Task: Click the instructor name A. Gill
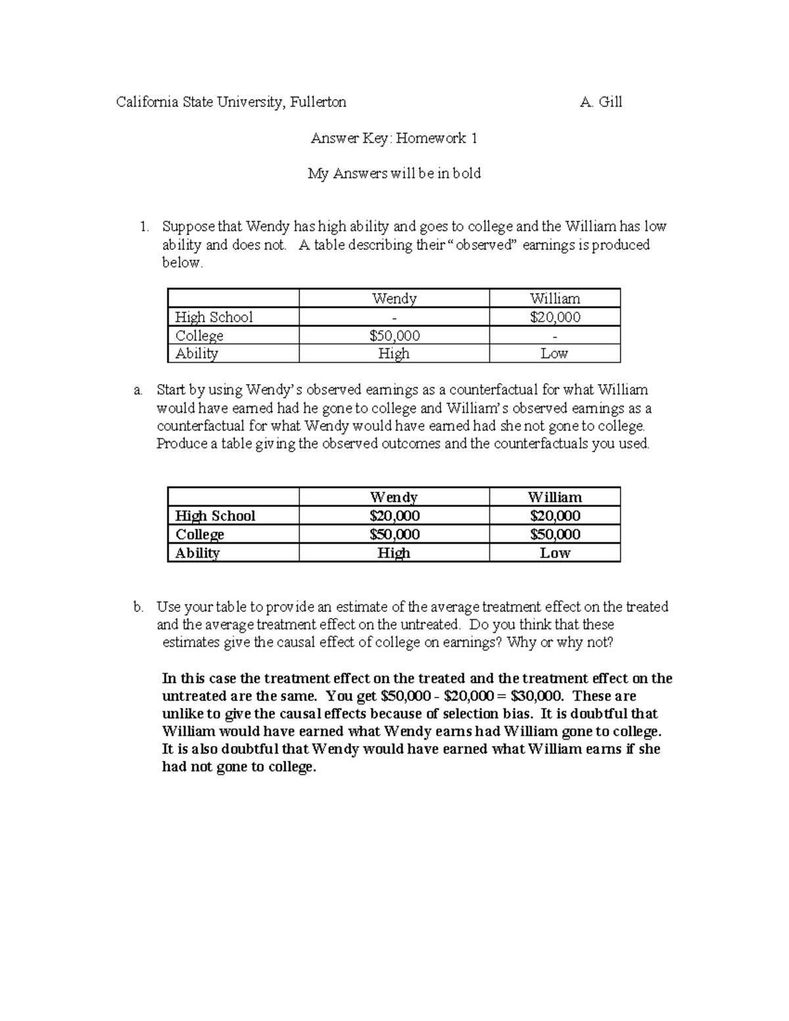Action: coord(601,102)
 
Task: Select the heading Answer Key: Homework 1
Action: coord(394,138)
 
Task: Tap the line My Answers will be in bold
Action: coord(394,174)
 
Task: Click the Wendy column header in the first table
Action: coord(394,298)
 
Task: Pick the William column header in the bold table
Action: coord(554,497)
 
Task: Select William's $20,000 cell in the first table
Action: coord(555,317)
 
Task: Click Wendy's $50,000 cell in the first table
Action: coord(394,335)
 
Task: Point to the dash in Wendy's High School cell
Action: coord(394,318)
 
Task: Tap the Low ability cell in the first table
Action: coord(554,354)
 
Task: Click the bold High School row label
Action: coord(215,516)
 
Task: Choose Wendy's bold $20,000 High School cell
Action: coord(394,516)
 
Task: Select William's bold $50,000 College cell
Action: coord(555,534)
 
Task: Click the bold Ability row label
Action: coord(197,553)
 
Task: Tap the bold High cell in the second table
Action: coord(394,553)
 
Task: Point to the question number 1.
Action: coord(143,227)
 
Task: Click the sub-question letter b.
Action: coord(137,607)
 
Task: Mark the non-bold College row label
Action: coord(199,335)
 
